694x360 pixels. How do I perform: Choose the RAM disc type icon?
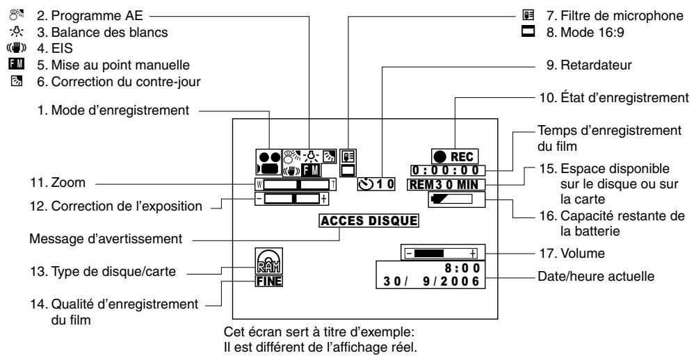[x=265, y=264]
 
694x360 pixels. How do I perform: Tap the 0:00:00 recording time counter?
[x=456, y=170]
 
